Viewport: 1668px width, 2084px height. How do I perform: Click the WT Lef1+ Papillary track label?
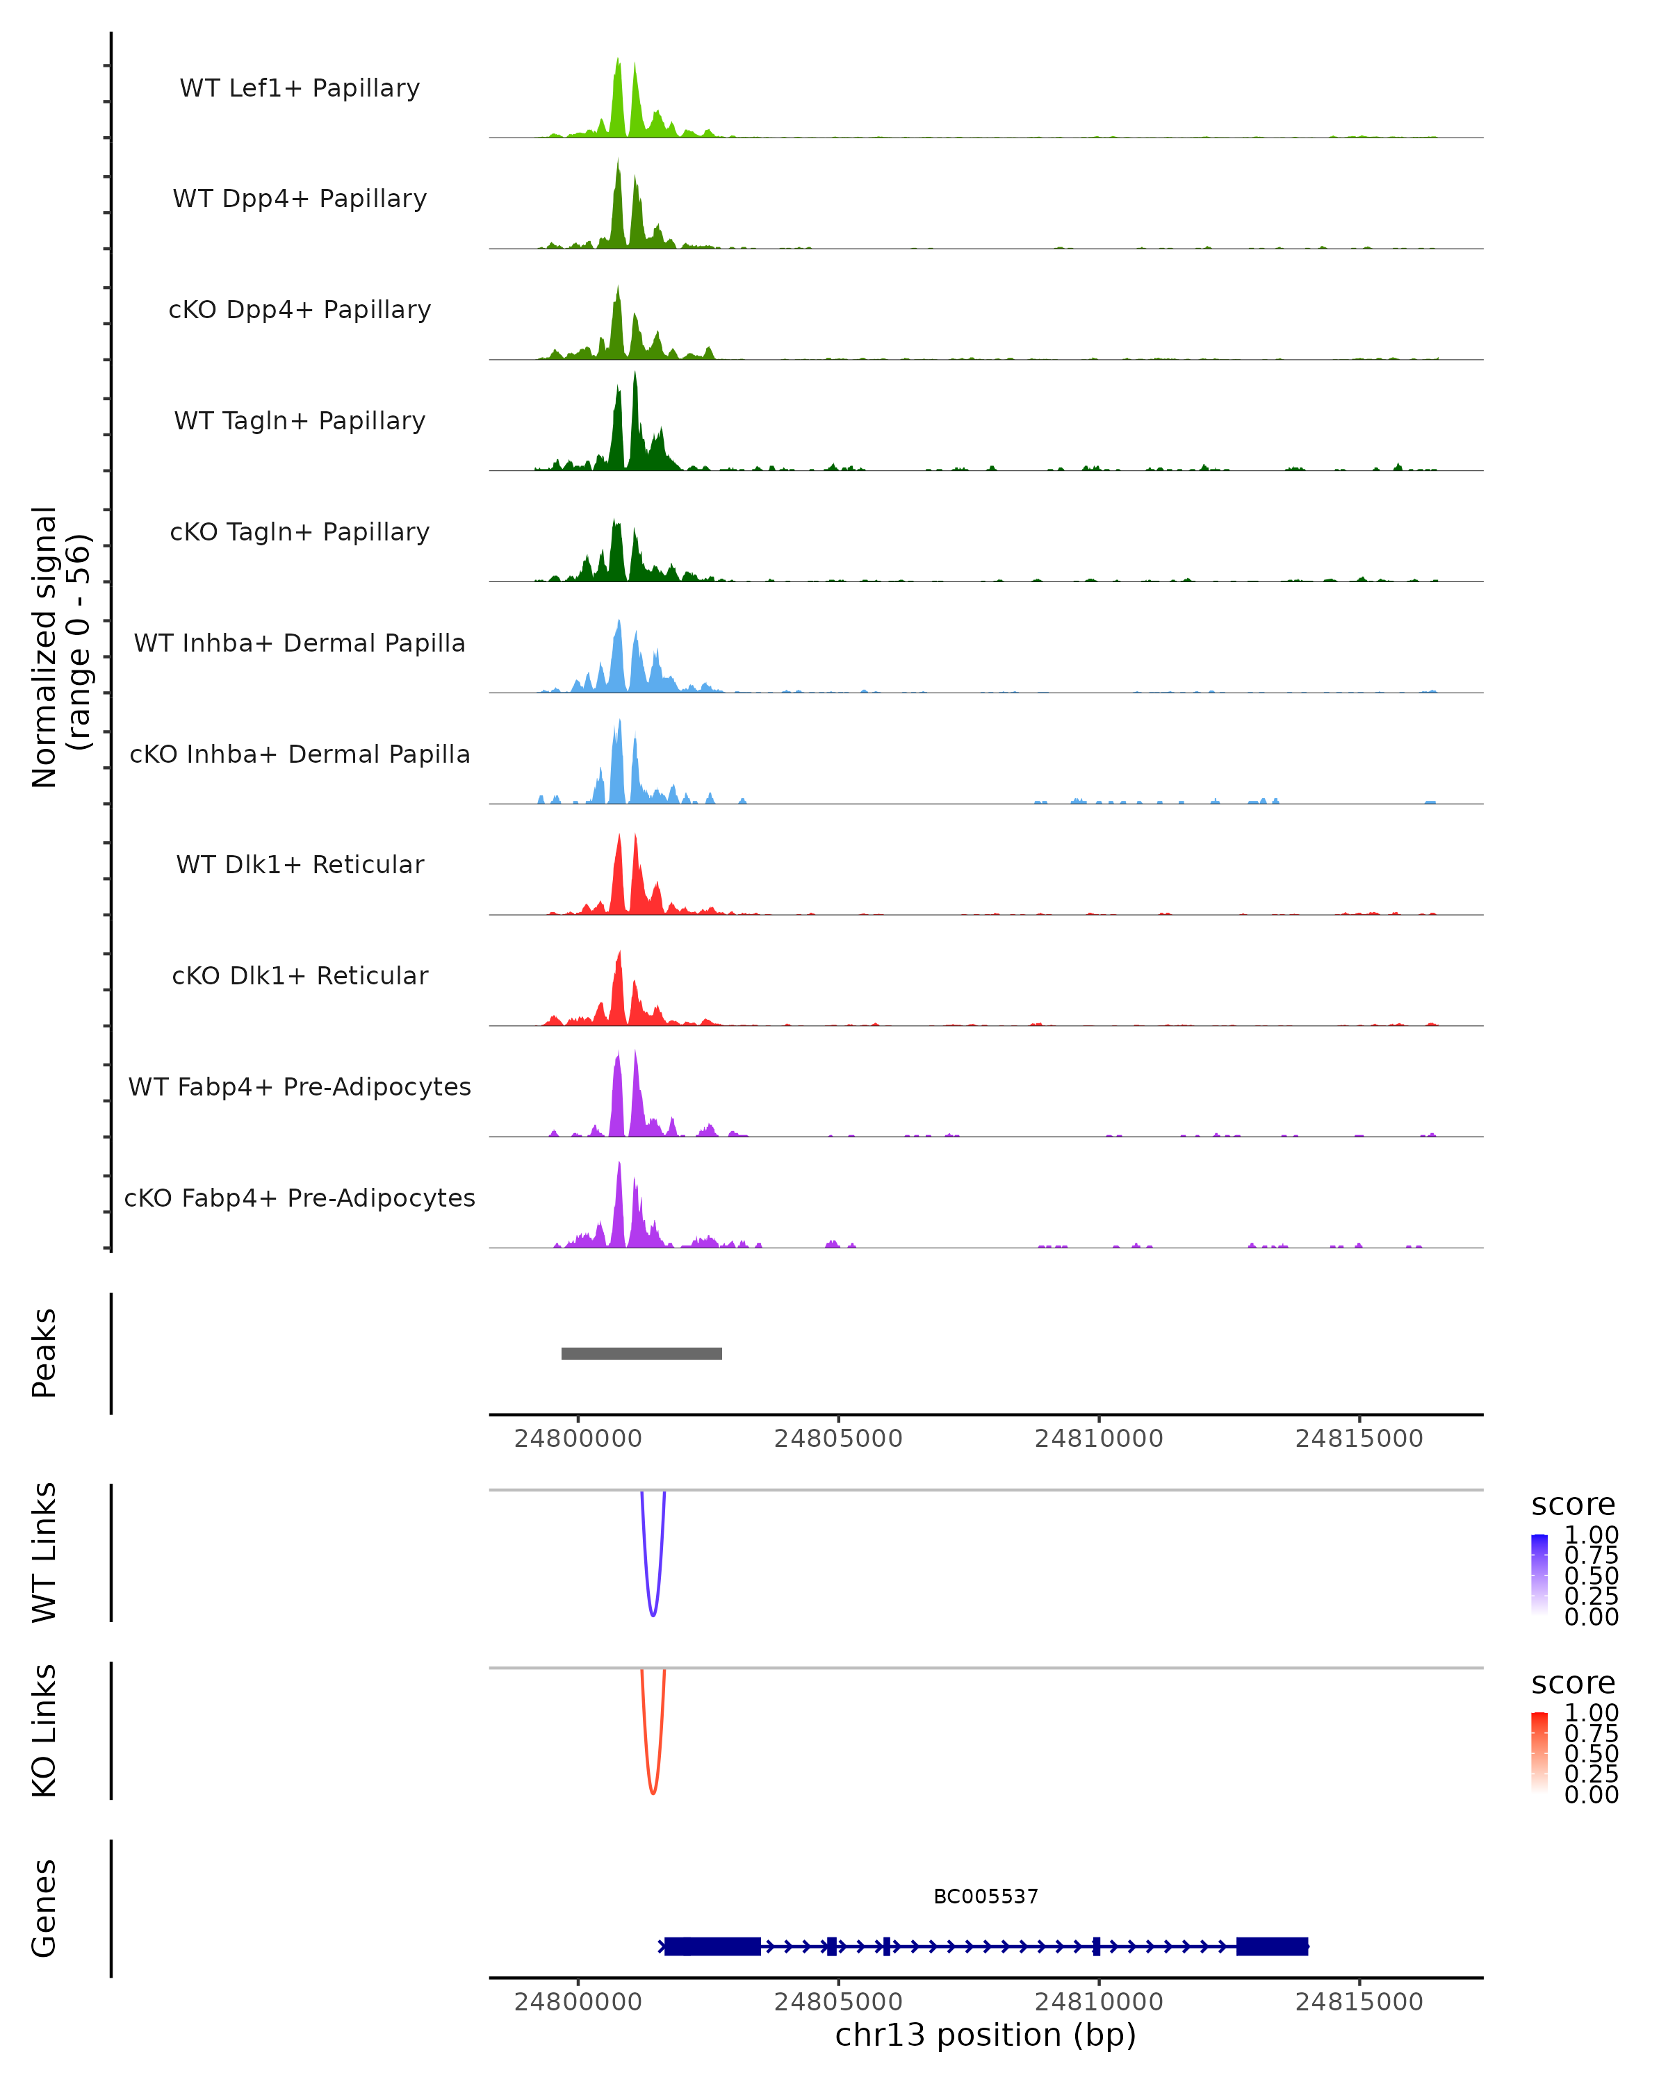[x=300, y=88]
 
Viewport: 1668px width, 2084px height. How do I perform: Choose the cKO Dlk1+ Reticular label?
[x=300, y=975]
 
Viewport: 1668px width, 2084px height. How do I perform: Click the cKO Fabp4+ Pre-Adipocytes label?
[x=300, y=1198]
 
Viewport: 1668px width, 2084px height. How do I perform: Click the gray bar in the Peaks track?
[x=641, y=1353]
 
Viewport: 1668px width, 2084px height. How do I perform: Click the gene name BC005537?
[x=986, y=1896]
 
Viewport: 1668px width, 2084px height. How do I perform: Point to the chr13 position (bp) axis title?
[x=986, y=2035]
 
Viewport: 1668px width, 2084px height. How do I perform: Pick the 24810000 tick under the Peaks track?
[x=1099, y=1439]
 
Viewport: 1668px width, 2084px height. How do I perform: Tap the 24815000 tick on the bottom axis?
[x=1359, y=2002]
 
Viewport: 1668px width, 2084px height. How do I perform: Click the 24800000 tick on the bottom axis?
[x=578, y=2002]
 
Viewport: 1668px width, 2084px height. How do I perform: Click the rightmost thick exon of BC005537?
[x=1272, y=1946]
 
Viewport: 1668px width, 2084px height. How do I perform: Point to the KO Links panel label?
[x=44, y=1730]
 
